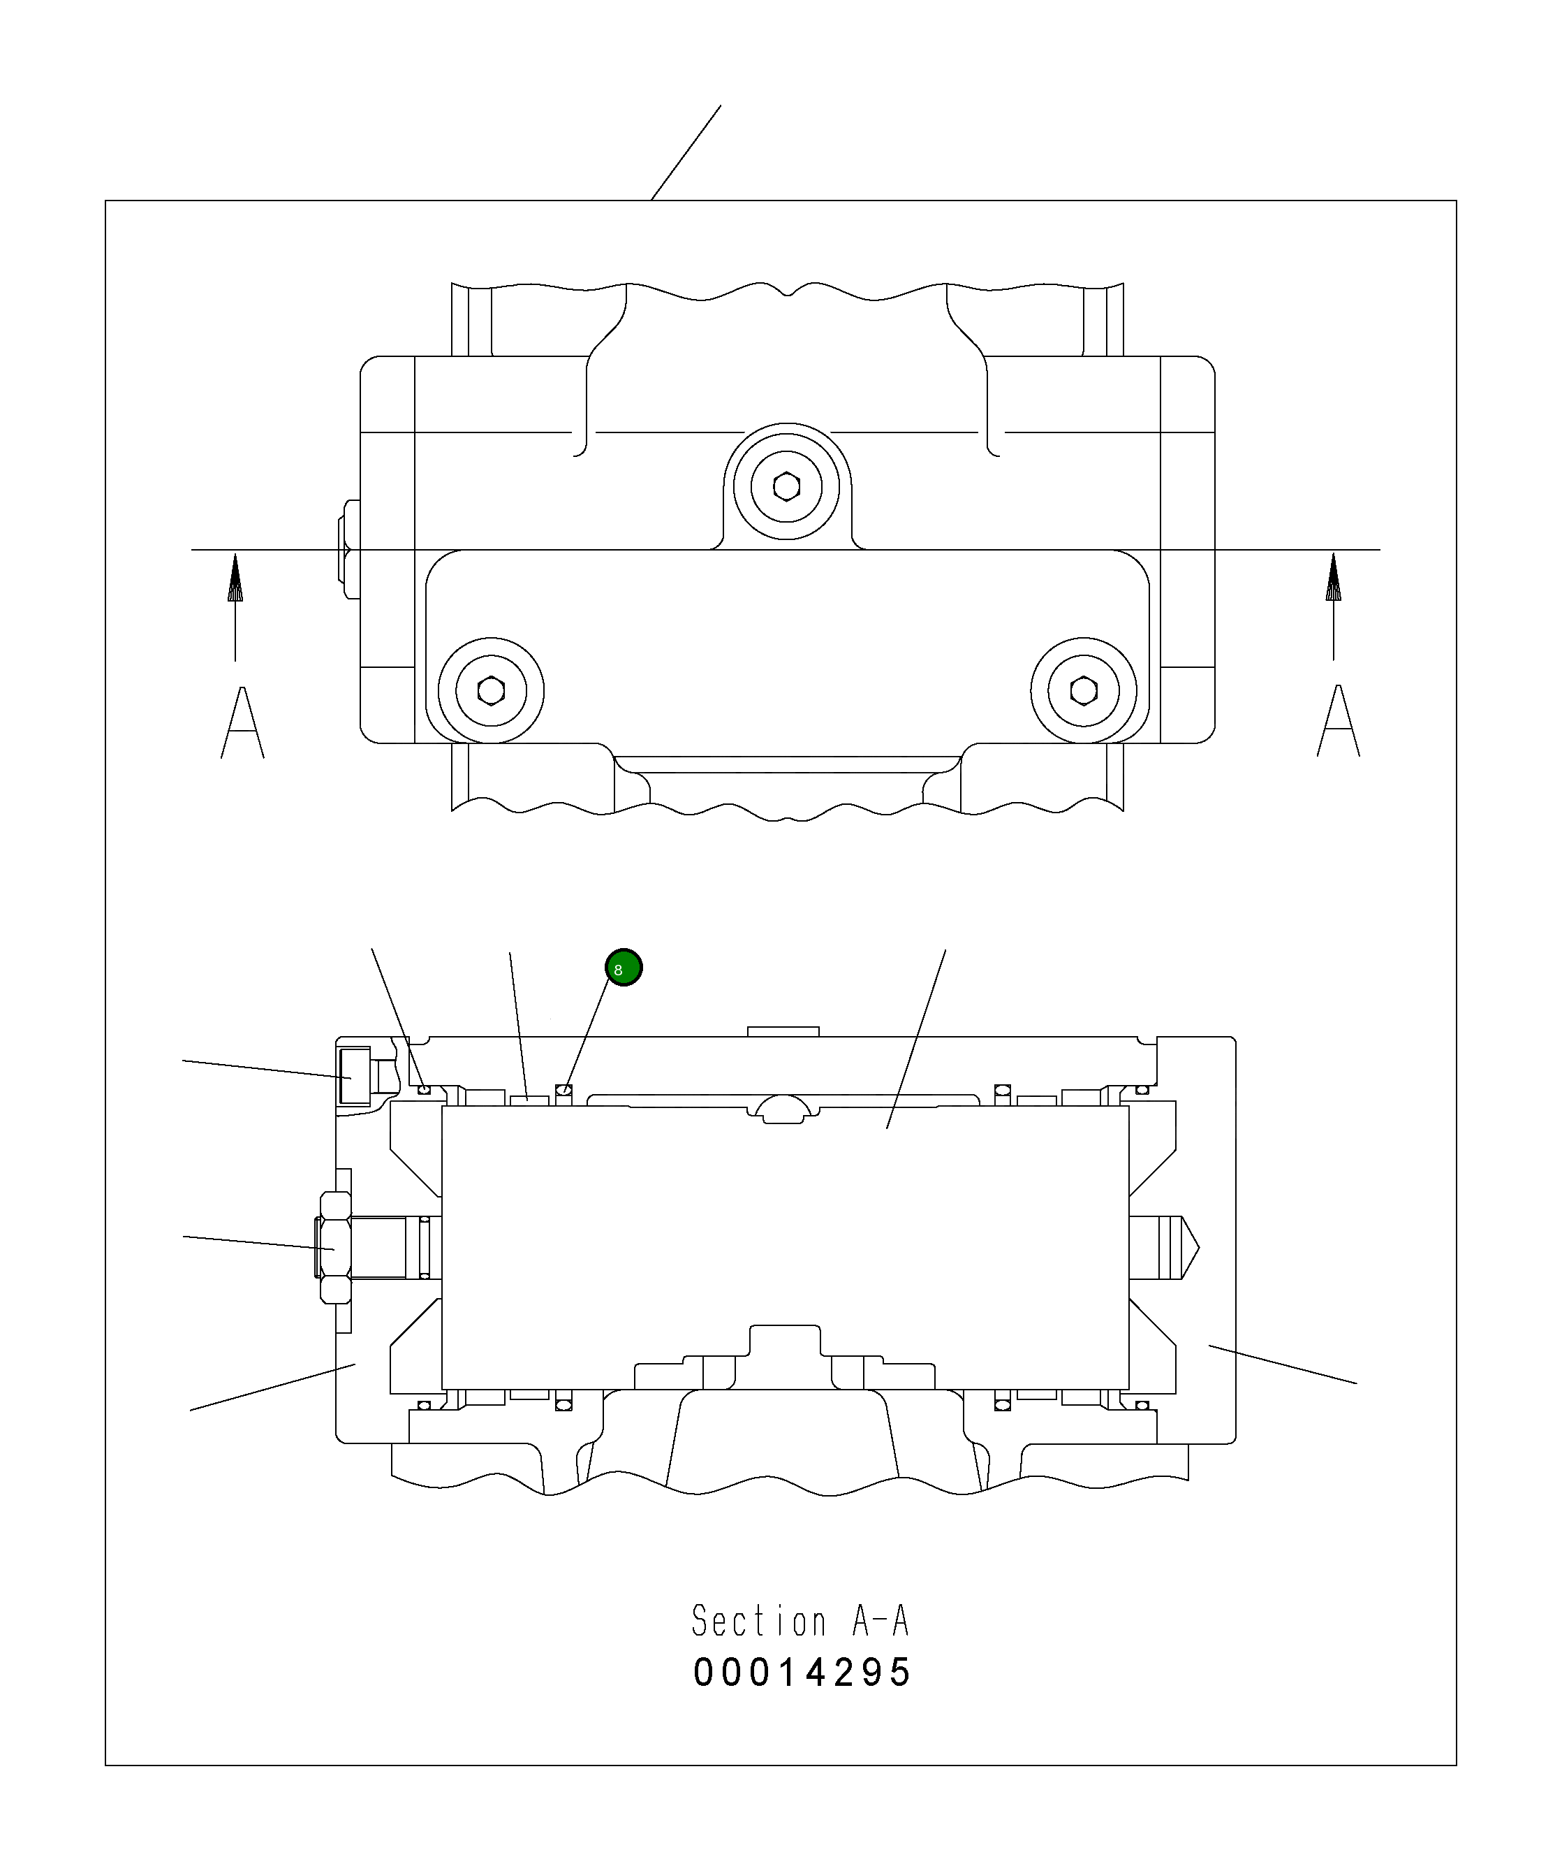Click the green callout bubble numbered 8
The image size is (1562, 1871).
(x=624, y=968)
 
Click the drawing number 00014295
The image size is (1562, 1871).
(x=802, y=1673)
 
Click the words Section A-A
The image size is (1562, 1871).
(x=800, y=1621)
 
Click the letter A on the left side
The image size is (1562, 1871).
(x=242, y=723)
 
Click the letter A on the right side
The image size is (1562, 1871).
(x=1338, y=722)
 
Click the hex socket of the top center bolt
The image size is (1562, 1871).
(x=786, y=486)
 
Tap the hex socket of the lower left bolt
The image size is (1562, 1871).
(x=491, y=690)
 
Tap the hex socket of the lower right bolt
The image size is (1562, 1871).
(x=1084, y=690)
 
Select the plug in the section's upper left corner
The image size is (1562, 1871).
(x=355, y=1076)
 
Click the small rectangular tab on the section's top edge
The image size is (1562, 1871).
(x=782, y=1032)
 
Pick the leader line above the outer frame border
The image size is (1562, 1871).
(x=686, y=152)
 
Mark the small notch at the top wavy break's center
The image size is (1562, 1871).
(x=787, y=291)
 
